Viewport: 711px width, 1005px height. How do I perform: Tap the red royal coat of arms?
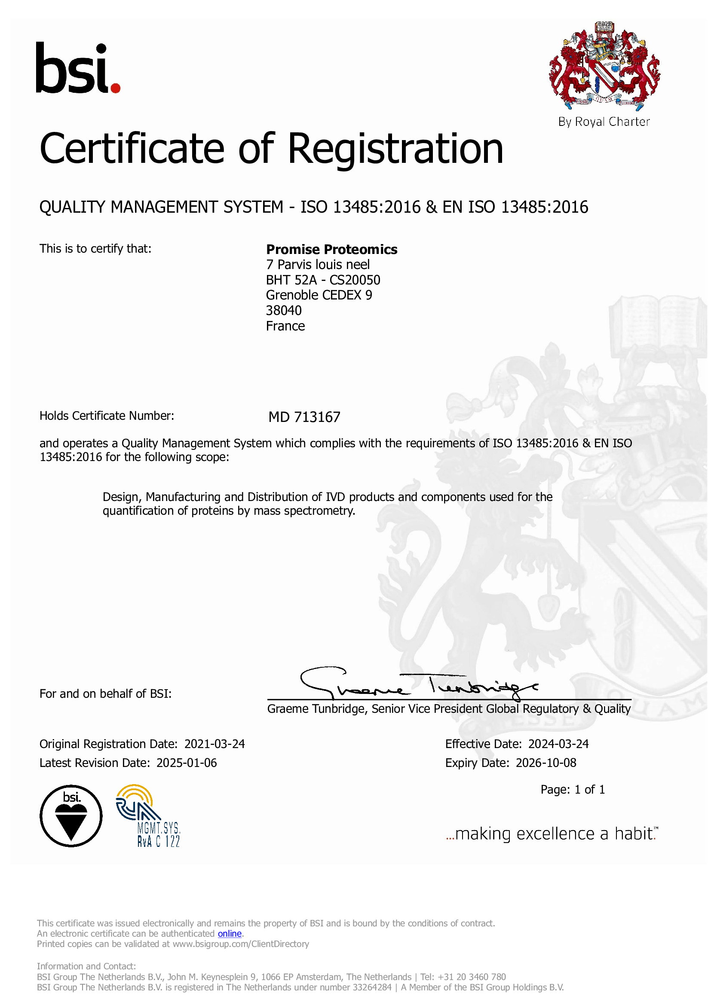[604, 66]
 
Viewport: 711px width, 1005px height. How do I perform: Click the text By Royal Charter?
[604, 122]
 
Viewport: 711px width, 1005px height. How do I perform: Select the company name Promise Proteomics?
[331, 250]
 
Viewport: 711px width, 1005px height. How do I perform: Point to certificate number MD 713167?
[304, 417]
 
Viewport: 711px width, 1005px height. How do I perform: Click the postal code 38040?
[284, 311]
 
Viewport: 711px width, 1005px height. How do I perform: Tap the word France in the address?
[285, 326]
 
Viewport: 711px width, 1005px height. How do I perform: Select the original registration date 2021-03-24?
[215, 744]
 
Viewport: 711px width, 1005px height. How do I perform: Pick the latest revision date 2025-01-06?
[187, 763]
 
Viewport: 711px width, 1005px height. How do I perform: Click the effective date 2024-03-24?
[558, 744]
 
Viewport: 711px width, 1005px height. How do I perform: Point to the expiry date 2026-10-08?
[546, 763]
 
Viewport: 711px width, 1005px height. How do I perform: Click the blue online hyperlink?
[230, 934]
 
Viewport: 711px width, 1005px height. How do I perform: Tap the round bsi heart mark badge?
[71, 816]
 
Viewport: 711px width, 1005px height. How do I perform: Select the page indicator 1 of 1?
[589, 790]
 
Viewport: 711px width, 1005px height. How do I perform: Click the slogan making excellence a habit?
[552, 834]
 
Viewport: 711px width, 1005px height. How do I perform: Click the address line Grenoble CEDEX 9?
[319, 296]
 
